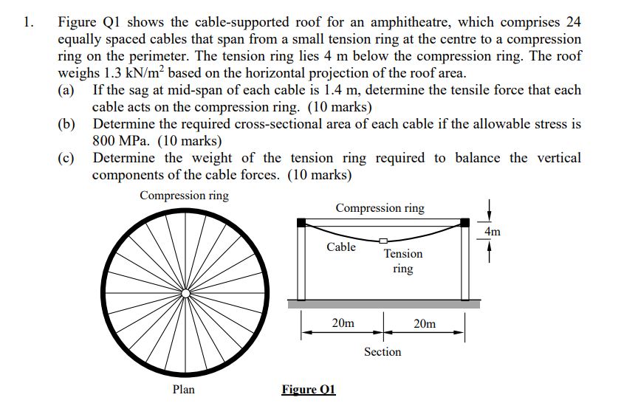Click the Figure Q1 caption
(309, 389)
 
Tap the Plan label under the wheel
(183, 389)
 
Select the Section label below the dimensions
(383, 352)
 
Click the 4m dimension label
(493, 232)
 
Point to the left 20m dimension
(343, 323)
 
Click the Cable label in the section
(341, 247)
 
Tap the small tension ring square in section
(383, 240)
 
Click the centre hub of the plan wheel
(185, 293)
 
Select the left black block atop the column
(301, 222)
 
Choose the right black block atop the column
(465, 222)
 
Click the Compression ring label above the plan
(184, 196)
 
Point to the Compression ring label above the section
(380, 208)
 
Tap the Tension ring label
(403, 261)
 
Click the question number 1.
(27, 21)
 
